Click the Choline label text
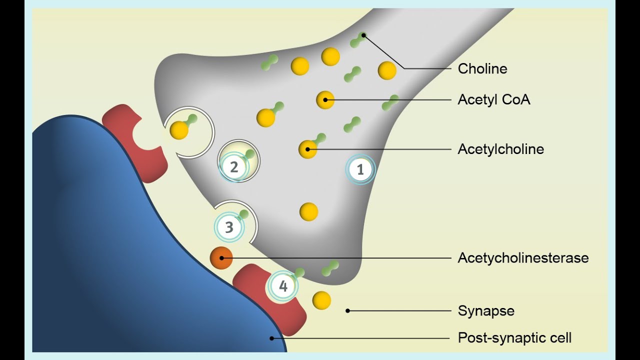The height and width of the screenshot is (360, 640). tap(482, 68)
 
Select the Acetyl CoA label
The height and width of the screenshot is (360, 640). tap(494, 99)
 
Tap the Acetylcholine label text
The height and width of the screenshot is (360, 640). tap(500, 149)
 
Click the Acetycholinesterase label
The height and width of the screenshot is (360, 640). tap(523, 258)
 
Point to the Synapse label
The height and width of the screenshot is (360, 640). tap(486, 311)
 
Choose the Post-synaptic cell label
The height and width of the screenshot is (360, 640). tap(514, 338)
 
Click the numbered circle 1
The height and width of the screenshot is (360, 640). tap(360, 170)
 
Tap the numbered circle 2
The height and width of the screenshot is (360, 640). tap(234, 166)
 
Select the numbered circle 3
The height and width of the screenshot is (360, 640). tap(229, 227)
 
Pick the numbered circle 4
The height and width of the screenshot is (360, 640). tap(283, 287)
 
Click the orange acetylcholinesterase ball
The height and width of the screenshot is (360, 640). tap(221, 258)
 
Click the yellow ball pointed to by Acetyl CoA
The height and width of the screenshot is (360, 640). tap(325, 99)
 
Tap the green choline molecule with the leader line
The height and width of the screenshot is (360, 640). tap(358, 39)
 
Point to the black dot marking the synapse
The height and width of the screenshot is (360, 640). tap(348, 311)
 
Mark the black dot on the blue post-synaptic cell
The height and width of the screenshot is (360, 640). tap(272, 338)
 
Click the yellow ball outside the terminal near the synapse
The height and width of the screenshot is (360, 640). tap(321, 300)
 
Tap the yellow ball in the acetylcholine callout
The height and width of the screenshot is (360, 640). tap(307, 149)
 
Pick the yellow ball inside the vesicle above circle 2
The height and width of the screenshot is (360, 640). tap(179, 130)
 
